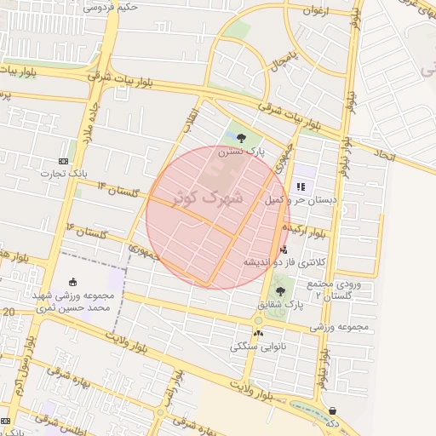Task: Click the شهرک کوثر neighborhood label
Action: tap(209, 197)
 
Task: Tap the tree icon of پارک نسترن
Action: tap(242, 138)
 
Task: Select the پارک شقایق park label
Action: tap(282, 303)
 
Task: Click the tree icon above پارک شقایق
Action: tap(281, 290)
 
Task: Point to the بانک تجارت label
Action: tap(64, 173)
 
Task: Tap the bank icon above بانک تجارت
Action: tap(64, 160)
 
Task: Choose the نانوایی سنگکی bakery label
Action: tap(259, 347)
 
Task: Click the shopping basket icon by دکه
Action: tap(331, 410)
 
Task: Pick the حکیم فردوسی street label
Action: tap(111, 7)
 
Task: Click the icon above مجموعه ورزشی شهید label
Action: tap(72, 283)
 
